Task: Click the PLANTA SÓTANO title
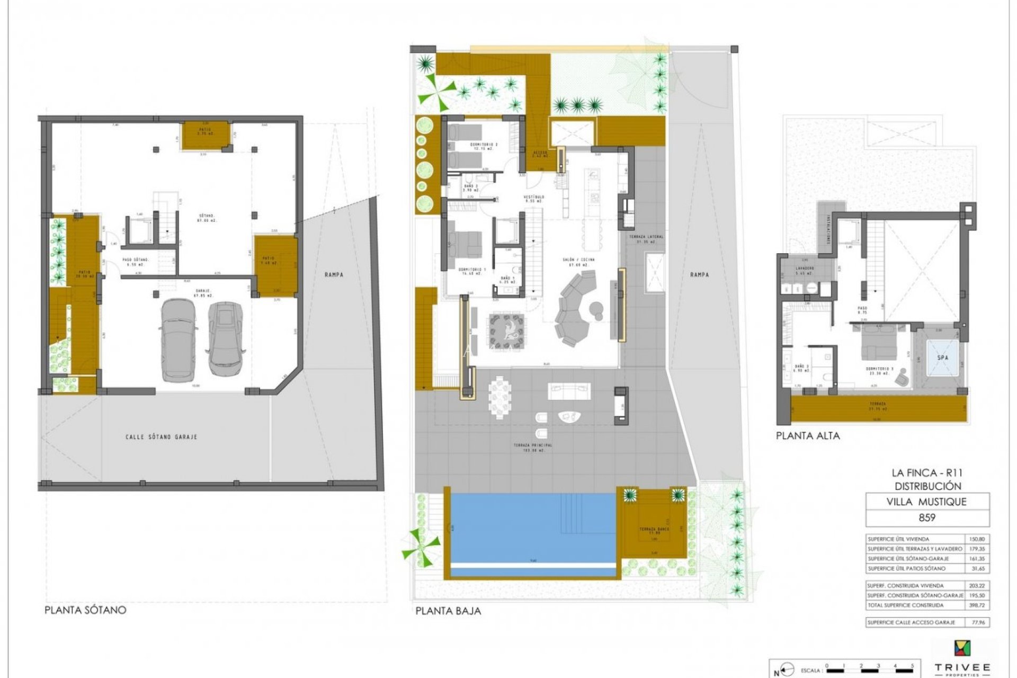pyautogui.click(x=85, y=610)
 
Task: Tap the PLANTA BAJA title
pyautogui.click(x=448, y=611)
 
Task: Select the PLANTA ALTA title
pyautogui.click(x=808, y=436)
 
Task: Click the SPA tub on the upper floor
pyautogui.click(x=943, y=358)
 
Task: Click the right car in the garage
pyautogui.click(x=226, y=338)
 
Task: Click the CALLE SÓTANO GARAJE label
pyautogui.click(x=162, y=437)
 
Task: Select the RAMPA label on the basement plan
pyautogui.click(x=334, y=274)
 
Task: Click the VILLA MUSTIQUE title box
pyautogui.click(x=927, y=502)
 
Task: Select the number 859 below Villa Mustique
pyautogui.click(x=927, y=518)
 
